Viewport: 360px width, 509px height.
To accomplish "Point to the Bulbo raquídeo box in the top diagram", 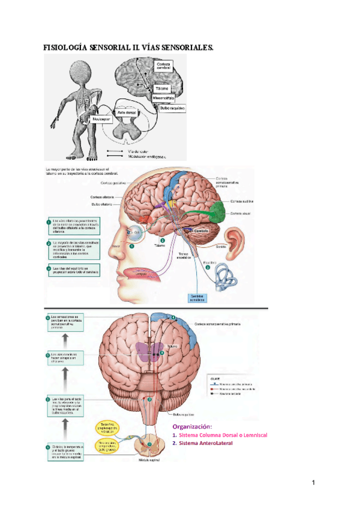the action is pyautogui.click(x=169, y=108).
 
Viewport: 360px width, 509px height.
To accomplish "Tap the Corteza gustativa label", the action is pyautogui.click(x=113, y=182).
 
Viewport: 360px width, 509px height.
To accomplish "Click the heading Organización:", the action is pyautogui.click(x=193, y=426).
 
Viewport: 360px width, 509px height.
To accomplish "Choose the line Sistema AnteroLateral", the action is pyautogui.click(x=205, y=443).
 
